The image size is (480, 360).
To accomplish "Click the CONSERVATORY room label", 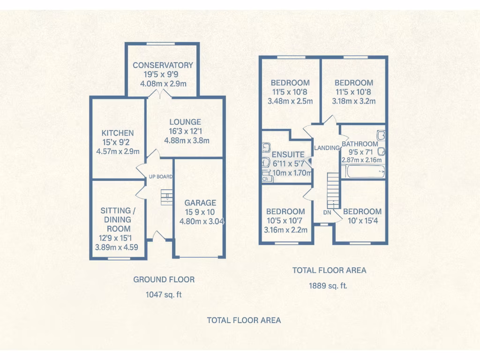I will pos(163,65).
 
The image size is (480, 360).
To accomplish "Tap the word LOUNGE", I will pos(185,122).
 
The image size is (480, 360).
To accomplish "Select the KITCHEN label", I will pos(118,133).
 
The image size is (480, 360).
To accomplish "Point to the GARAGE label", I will pos(200,203).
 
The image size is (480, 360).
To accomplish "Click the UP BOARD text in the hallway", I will pos(161,177).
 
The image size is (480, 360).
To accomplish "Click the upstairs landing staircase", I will pos(332,190).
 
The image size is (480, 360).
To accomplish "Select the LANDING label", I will pos(327,148).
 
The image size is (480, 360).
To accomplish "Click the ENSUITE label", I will pos(288,154).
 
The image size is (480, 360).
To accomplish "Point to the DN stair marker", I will pos(327,212).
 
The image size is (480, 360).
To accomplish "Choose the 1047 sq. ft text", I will pos(164,295).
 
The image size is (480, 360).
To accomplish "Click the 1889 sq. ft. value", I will pos(328,285).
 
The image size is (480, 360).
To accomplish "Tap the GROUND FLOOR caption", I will pos(164,279).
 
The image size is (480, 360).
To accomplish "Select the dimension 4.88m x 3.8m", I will pos(187,140).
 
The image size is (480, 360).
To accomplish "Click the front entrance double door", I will pos(160,237).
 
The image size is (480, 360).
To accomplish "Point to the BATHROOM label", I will pos(360,144).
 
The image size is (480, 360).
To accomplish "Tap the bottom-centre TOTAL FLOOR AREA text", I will pos(244,320).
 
